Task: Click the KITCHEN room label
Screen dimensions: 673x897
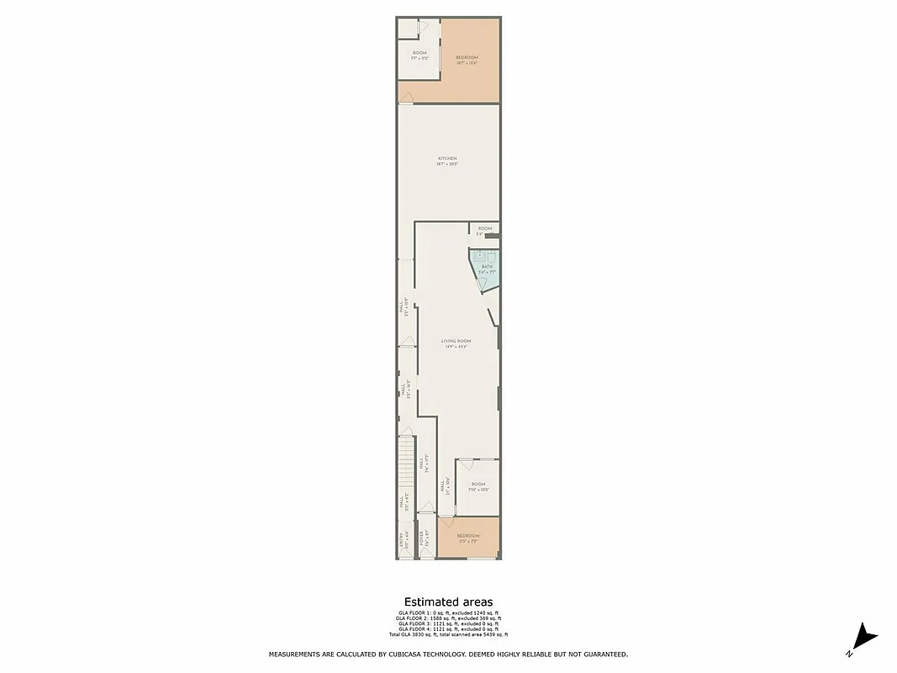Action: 448,159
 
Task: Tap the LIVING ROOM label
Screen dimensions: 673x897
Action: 456,341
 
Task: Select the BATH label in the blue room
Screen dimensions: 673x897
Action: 487,267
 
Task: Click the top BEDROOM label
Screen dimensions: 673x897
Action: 467,57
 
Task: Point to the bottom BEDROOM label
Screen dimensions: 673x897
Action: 468,536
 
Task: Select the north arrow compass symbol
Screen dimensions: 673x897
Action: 864,639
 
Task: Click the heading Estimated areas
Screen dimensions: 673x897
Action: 448,602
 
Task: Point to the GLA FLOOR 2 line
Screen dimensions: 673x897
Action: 448,618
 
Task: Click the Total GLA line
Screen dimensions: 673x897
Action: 448,634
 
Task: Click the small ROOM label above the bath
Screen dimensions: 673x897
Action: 484,228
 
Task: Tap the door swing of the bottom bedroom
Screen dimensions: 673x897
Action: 446,527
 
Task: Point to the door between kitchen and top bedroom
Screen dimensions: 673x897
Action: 405,99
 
